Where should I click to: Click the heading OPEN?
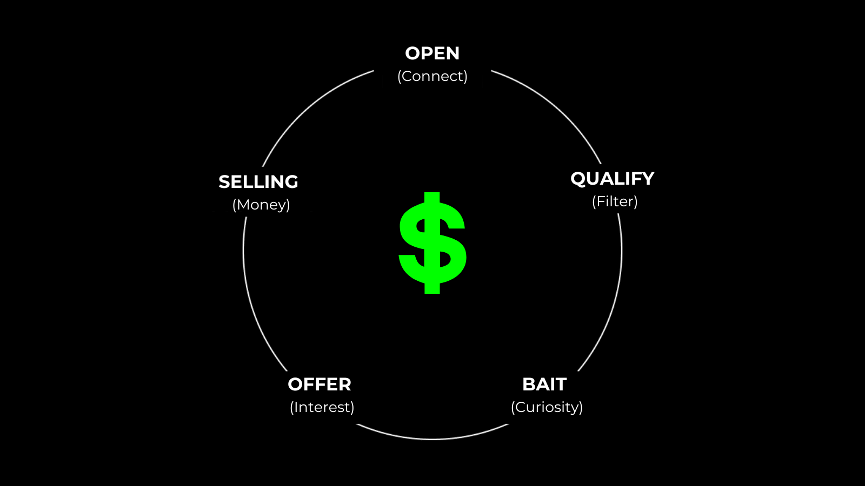(x=432, y=53)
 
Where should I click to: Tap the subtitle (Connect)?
(x=432, y=76)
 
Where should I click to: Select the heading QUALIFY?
(x=612, y=179)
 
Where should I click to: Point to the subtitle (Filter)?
(x=615, y=201)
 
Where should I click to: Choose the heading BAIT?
(x=544, y=384)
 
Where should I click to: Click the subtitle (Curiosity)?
(x=547, y=407)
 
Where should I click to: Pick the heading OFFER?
(x=320, y=384)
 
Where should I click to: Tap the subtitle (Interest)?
(x=322, y=407)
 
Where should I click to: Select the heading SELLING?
(x=258, y=182)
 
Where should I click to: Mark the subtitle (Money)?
(x=261, y=205)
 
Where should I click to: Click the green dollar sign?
(x=432, y=243)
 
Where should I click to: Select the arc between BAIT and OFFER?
(x=432, y=439)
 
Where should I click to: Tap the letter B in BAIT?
(x=529, y=384)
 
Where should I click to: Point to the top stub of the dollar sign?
(x=432, y=198)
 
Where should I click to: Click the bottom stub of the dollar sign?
(x=432, y=288)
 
